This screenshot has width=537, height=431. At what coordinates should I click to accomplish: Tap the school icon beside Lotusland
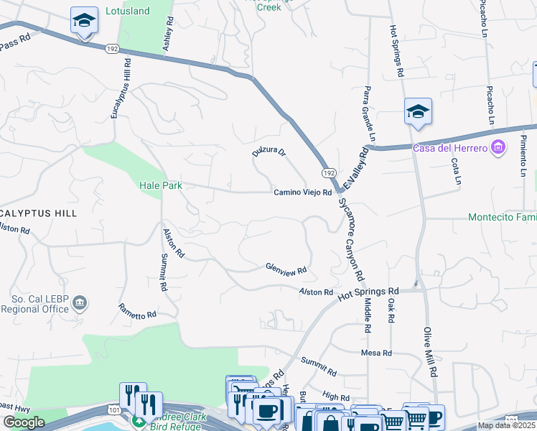point(84,21)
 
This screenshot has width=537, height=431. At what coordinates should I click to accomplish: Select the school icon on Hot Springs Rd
point(418,111)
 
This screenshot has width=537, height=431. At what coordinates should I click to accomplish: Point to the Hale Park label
point(160,185)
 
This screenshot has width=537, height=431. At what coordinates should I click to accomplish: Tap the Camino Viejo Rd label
point(302,193)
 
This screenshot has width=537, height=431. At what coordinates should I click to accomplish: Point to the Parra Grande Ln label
point(369,114)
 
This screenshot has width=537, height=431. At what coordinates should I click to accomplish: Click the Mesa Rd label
point(376,353)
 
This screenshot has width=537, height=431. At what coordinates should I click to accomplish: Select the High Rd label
point(336,396)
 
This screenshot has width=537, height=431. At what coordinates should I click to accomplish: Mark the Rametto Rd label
point(137,311)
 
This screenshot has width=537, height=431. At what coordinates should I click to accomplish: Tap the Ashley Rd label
point(169,34)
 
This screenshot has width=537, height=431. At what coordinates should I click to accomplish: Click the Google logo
point(24,422)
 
